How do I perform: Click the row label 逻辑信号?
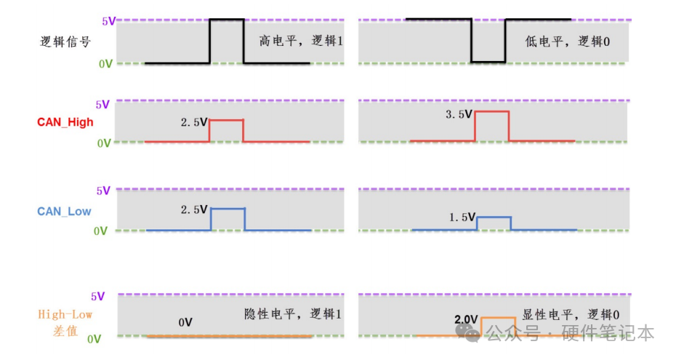pos(65,42)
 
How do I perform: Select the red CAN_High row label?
pos(65,122)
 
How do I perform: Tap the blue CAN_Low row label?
pos(65,211)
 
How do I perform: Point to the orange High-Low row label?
pos(65,315)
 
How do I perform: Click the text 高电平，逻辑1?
pos(300,42)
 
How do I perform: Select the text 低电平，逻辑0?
pos(567,42)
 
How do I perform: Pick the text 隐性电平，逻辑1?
pos(293,314)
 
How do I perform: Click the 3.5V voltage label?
pos(459,114)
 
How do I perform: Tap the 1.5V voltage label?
pos(461,217)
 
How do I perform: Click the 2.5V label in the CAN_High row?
pos(194,122)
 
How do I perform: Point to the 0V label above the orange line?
pos(185,322)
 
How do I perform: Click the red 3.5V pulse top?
pos(491,111)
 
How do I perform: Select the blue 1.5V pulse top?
pos(494,217)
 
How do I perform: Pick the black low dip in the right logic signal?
pos(488,62)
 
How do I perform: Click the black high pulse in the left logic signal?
pos(226,20)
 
